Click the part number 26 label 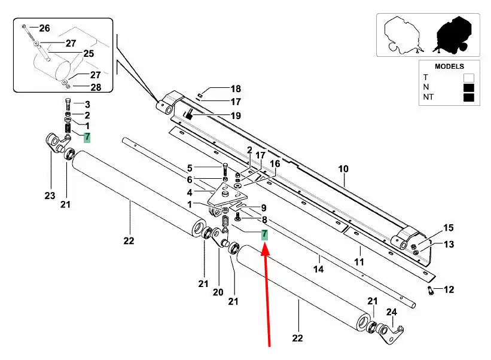[45, 28]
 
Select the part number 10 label [343, 169]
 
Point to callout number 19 [219, 115]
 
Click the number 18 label [219, 89]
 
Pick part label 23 [50, 195]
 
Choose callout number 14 [319, 269]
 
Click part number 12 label [448, 290]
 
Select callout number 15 [449, 228]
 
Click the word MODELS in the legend [449, 66]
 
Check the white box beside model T [468, 77]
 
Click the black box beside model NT [468, 97]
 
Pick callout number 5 [190, 167]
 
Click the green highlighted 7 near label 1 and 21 [87, 137]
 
